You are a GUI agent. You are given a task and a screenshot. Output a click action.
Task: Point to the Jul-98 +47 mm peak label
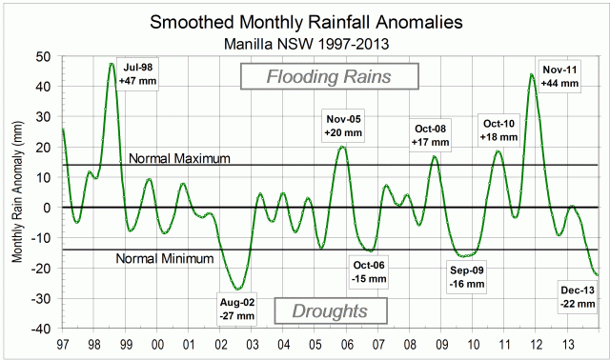click(x=135, y=75)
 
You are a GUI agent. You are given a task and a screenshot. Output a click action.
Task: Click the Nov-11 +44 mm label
click(x=559, y=76)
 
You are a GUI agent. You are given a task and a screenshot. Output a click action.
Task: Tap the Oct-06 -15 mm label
click(x=369, y=272)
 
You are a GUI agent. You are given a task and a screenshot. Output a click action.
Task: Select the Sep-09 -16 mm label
click(x=467, y=276)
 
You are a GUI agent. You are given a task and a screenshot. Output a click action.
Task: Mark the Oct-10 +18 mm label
click(x=499, y=130)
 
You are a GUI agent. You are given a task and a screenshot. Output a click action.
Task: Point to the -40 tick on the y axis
click(x=43, y=329)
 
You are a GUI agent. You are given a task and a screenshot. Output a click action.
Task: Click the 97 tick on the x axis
click(x=62, y=343)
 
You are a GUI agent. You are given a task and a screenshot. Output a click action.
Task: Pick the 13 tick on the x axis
click(x=568, y=343)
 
